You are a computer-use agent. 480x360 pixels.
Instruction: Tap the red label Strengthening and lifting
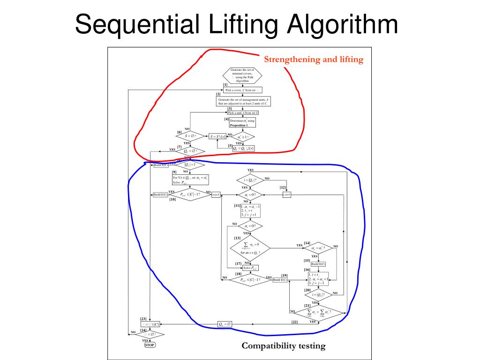pos(314,60)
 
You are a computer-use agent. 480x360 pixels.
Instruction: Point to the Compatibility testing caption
pos(283,346)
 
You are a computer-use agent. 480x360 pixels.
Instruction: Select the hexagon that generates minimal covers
pos(242,75)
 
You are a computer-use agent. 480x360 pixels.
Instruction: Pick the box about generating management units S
pos(242,101)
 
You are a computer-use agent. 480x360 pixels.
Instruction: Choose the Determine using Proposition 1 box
pos(242,123)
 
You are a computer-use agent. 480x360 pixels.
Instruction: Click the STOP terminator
pos(150,345)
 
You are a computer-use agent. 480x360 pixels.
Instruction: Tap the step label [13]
pos(237,238)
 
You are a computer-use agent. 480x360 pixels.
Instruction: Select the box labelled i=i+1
pos(286,195)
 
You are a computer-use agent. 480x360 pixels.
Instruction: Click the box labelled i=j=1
pos(216,195)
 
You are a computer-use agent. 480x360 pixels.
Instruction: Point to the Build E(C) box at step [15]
pos(318,264)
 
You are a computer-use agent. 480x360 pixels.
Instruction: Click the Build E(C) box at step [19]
pos(280,280)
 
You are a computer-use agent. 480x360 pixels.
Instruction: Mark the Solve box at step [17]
pos(250,268)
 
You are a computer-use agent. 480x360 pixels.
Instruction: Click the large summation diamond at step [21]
pos(319,312)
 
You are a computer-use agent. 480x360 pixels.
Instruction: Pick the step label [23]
pos(143,319)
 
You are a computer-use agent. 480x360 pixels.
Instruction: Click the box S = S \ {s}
pos(218,136)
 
